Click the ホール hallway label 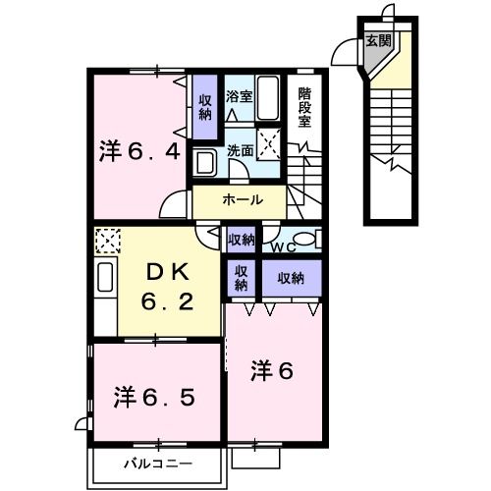pos(241,199)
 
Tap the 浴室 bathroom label pos(239,96)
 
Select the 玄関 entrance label pos(377,41)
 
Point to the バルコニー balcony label pos(157,462)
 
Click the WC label pos(285,245)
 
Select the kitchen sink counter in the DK pos(105,280)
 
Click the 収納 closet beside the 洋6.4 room pos(206,106)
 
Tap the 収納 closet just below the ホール pos(243,239)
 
